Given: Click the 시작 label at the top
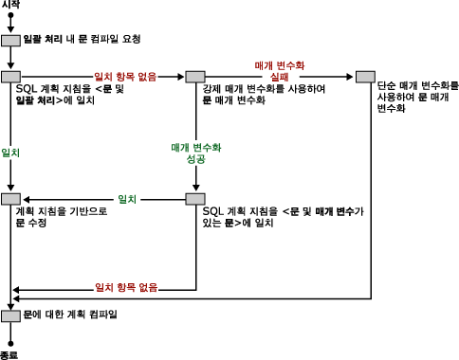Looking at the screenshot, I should (x=11, y=6).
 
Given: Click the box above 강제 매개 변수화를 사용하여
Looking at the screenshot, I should (x=195, y=76).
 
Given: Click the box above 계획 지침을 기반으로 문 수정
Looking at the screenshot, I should (x=11, y=199).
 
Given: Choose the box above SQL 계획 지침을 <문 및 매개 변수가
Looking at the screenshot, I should (x=195, y=199).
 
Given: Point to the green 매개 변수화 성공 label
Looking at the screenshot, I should (x=195, y=154).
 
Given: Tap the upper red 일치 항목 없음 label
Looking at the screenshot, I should (x=126, y=76).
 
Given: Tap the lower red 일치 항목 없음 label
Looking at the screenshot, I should (x=126, y=287).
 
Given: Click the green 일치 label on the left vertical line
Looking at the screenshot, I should (x=11, y=152).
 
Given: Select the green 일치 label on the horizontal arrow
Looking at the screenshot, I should (x=126, y=199).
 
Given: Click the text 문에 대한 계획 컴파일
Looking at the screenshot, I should (x=71, y=313).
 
